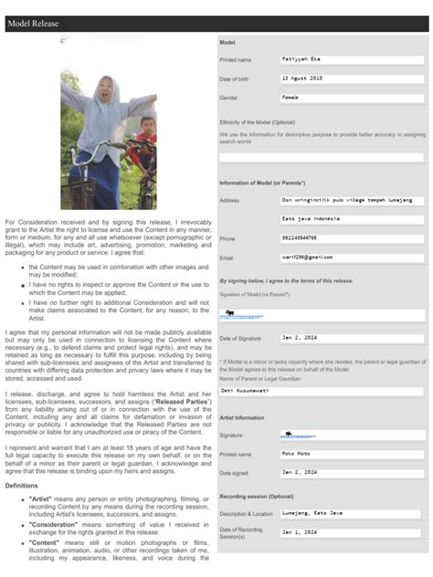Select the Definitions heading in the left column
click(x=22, y=486)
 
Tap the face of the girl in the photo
click(x=104, y=94)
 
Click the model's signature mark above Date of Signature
click(x=230, y=314)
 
